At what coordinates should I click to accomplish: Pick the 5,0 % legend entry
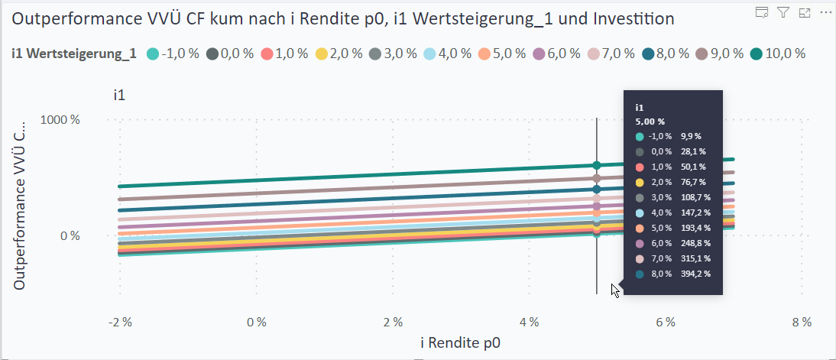point(501,54)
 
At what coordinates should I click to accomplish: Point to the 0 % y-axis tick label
point(70,235)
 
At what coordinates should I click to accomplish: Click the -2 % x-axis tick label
point(120,322)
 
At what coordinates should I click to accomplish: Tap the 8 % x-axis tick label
point(802,322)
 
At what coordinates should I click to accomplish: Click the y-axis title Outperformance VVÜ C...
point(20,203)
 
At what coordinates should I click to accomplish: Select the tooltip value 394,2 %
point(695,274)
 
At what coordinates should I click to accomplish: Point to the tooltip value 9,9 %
point(689,136)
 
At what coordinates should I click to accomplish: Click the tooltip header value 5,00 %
point(650,121)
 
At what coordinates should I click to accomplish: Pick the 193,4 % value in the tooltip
point(695,228)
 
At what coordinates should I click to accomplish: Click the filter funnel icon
point(783,11)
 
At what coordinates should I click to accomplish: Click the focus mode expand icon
point(804,11)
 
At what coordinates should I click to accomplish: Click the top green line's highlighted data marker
point(597,165)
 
